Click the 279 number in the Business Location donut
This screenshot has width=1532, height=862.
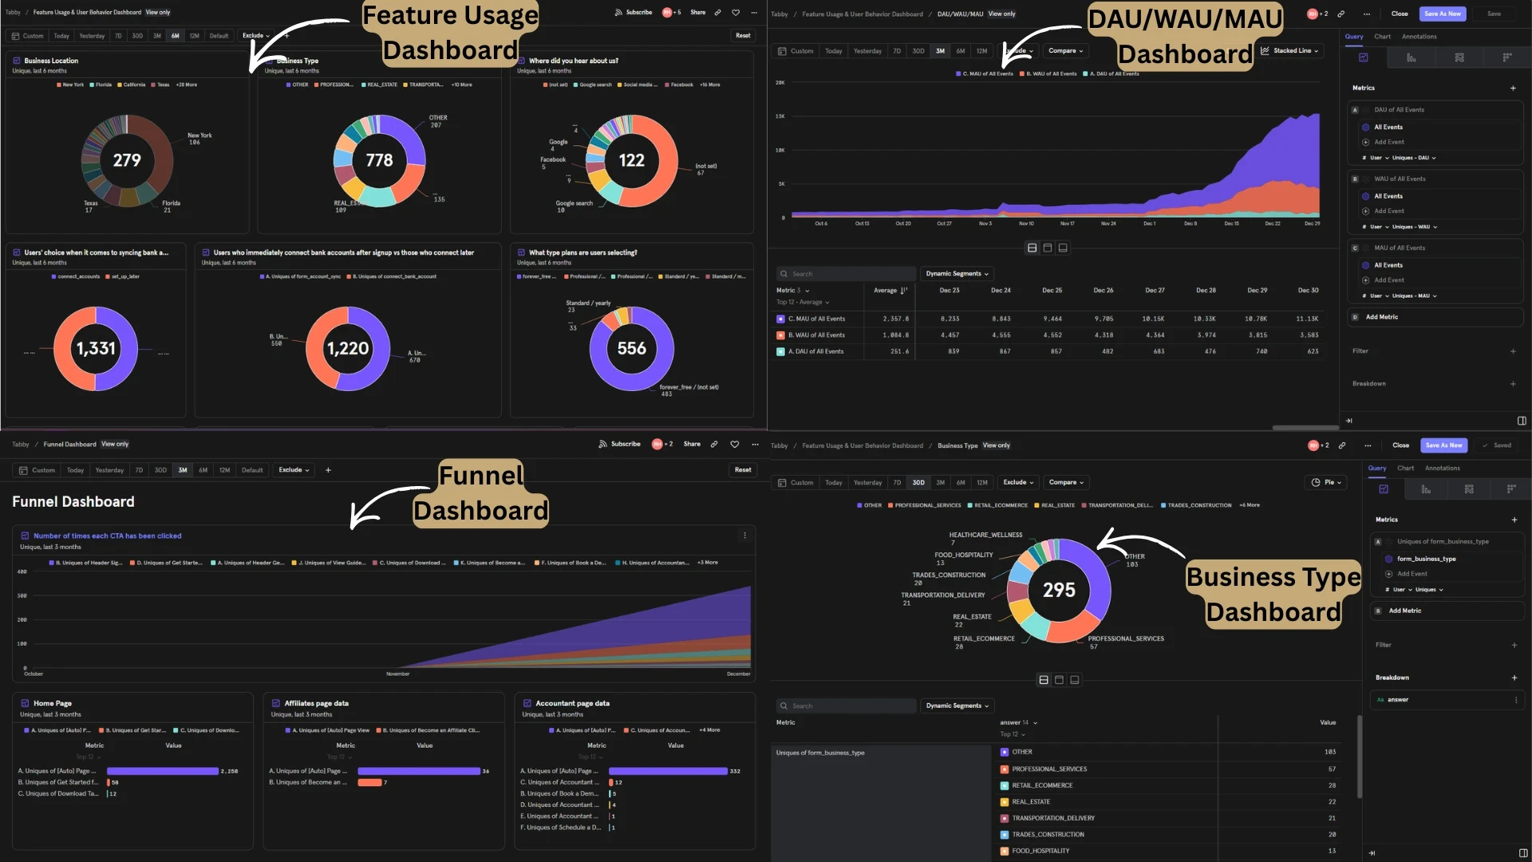(127, 160)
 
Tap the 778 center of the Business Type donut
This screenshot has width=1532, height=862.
(379, 160)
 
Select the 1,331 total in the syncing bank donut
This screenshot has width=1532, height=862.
(96, 349)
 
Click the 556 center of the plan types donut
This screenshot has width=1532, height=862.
(631, 349)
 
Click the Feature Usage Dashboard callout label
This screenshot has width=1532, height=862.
(450, 33)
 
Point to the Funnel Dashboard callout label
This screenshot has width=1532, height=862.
(480, 493)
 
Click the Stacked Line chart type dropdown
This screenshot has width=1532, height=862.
(1290, 50)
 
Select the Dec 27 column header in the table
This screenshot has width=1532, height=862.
(1155, 291)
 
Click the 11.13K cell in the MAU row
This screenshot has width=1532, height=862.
(1308, 318)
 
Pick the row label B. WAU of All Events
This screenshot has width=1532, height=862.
(815, 335)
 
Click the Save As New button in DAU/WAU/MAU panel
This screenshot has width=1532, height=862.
(1442, 14)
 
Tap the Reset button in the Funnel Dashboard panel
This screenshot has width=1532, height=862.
(742, 470)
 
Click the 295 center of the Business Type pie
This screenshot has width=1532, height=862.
(1059, 590)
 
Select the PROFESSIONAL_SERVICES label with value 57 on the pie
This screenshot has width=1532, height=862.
(1125, 639)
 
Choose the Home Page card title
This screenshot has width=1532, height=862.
(52, 703)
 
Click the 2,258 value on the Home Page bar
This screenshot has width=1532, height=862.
(229, 771)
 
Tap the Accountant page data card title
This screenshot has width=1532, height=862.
(571, 703)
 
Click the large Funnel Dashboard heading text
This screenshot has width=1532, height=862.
(73, 501)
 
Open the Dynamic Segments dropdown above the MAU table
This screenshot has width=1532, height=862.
(957, 274)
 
